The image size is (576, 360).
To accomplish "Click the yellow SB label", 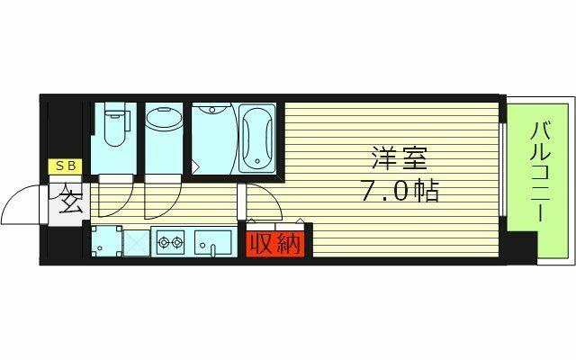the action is pos(65,166).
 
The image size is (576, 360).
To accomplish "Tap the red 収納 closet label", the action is pos(275,244).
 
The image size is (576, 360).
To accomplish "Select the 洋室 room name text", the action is pos(400,158).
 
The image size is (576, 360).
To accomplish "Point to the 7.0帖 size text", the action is pos(400,191).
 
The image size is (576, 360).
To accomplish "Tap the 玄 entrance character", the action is pos(69,202).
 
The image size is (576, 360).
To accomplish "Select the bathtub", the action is pos(257,138).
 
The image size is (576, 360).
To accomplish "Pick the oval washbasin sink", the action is pos(164,118).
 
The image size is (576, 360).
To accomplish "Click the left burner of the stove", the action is pos(164,242).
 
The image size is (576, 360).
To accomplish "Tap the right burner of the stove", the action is pos(177,242).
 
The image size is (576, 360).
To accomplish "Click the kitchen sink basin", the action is pos(213,241).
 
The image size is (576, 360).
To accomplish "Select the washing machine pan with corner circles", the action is pos(106,241).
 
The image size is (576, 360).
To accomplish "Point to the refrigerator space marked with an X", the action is pos(137,243).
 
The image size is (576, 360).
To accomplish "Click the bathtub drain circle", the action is pos(257,161).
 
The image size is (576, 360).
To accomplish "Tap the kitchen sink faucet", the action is pos(212,249).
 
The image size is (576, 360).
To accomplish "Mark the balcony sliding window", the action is pos(503,169).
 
